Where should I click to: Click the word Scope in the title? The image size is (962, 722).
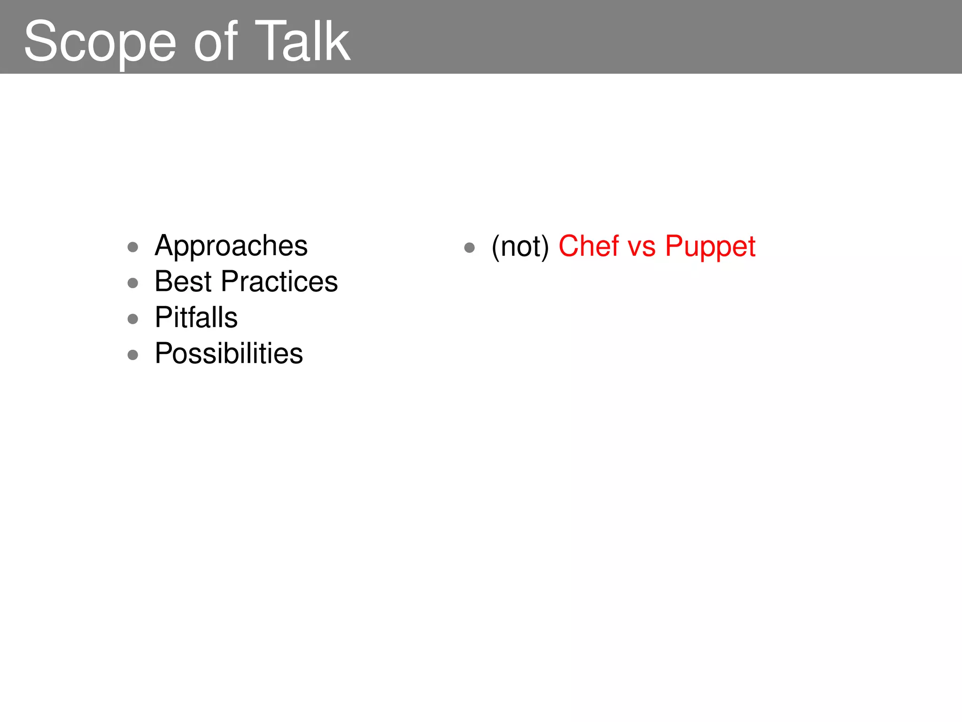tap(100, 42)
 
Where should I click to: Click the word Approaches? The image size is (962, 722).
tap(231, 246)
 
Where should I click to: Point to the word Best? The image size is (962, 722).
tap(183, 282)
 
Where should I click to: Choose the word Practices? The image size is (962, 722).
tap(279, 282)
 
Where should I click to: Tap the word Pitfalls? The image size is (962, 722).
tap(196, 317)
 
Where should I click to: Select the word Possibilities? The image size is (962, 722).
tap(229, 353)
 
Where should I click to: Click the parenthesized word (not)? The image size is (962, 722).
tap(520, 246)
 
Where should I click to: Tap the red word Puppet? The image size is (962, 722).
tap(710, 246)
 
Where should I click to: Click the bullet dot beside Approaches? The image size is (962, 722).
tap(133, 247)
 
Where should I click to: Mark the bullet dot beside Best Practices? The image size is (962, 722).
tap(133, 283)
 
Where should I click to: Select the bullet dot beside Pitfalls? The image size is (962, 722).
tap(133, 319)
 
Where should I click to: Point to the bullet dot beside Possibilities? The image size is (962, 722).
tap(133, 355)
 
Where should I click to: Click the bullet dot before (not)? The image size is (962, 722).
tap(469, 247)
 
